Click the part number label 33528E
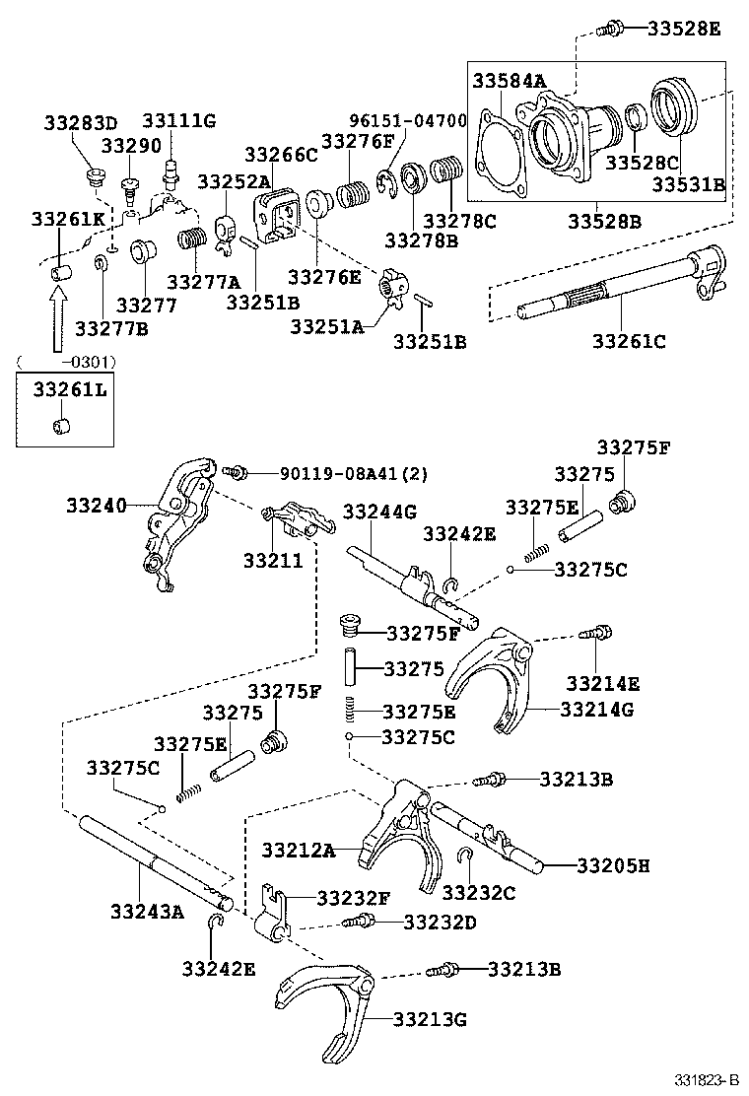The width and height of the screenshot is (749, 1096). pyautogui.click(x=684, y=29)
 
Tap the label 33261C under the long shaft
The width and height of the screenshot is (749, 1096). pyautogui.click(x=629, y=341)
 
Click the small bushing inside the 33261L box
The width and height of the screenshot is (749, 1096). pyautogui.click(x=60, y=427)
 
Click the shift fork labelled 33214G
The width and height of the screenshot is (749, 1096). pyautogui.click(x=494, y=680)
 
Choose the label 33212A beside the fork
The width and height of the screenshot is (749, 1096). pyautogui.click(x=299, y=849)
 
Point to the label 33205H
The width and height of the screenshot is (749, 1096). pyautogui.click(x=613, y=865)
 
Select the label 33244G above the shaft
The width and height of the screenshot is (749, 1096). pyautogui.click(x=379, y=513)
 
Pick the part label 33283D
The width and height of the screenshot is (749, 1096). pyautogui.click(x=80, y=123)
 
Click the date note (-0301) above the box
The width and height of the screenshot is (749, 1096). pyautogui.click(x=65, y=361)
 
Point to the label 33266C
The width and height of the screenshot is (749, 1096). pyautogui.click(x=281, y=155)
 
